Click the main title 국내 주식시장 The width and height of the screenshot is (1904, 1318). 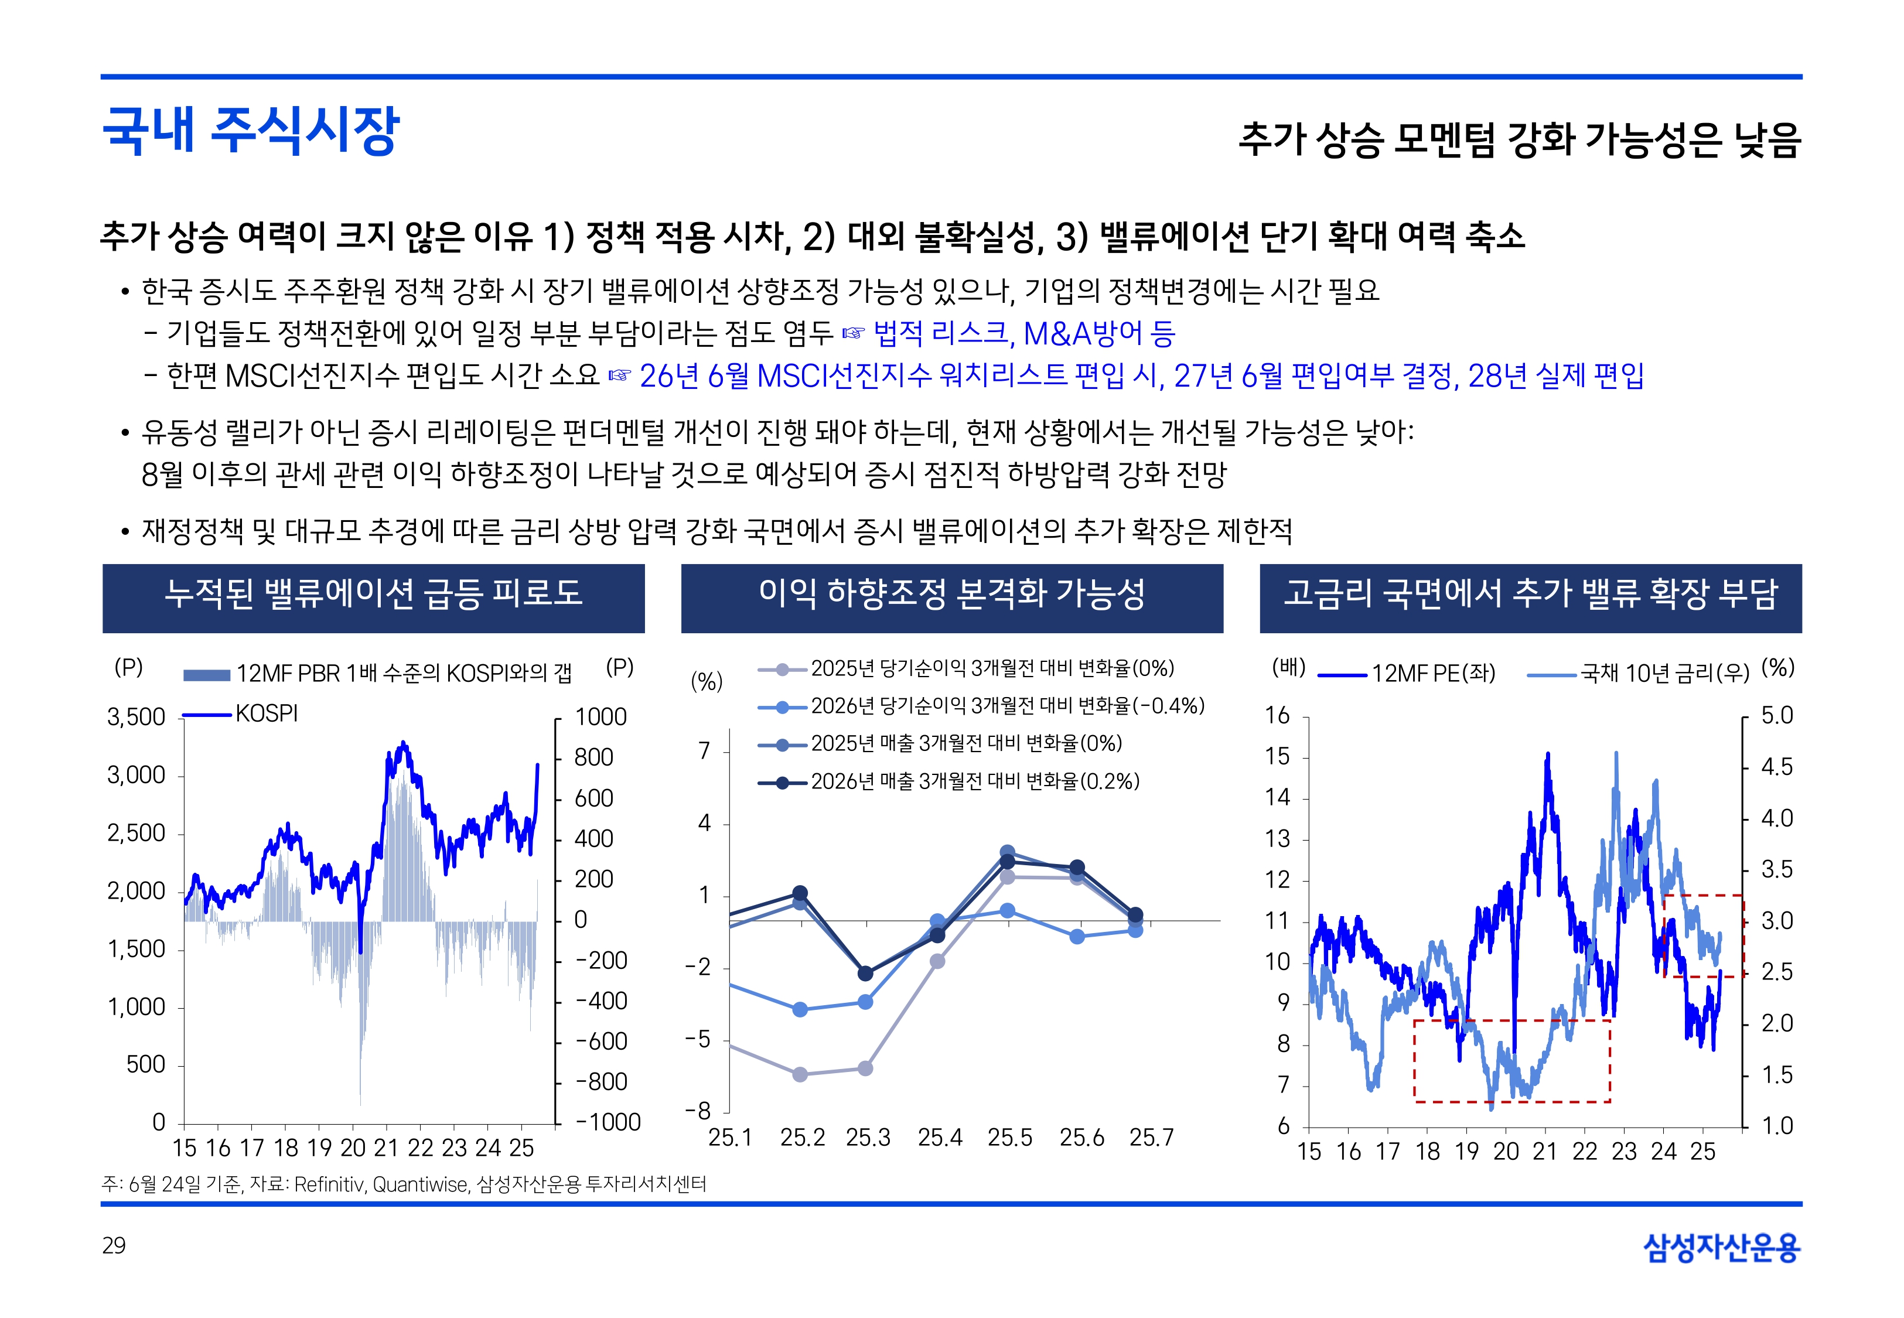pyautogui.click(x=250, y=131)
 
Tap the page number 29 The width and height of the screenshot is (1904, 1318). pyautogui.click(x=114, y=1245)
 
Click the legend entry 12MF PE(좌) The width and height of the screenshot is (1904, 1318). pyautogui.click(x=1432, y=674)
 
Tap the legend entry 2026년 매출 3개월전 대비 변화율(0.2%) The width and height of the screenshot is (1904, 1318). pyautogui.click(x=974, y=781)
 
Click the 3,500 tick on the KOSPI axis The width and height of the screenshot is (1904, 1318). pyautogui.click(x=137, y=717)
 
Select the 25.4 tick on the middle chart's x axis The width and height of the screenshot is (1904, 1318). pyautogui.click(x=940, y=1138)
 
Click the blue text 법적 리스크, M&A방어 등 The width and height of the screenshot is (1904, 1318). pyautogui.click(x=1024, y=334)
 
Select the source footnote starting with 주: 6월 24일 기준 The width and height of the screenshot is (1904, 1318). pyautogui.click(x=404, y=1185)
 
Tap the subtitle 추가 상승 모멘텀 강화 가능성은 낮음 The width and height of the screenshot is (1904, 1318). pyautogui.click(x=1519, y=139)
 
